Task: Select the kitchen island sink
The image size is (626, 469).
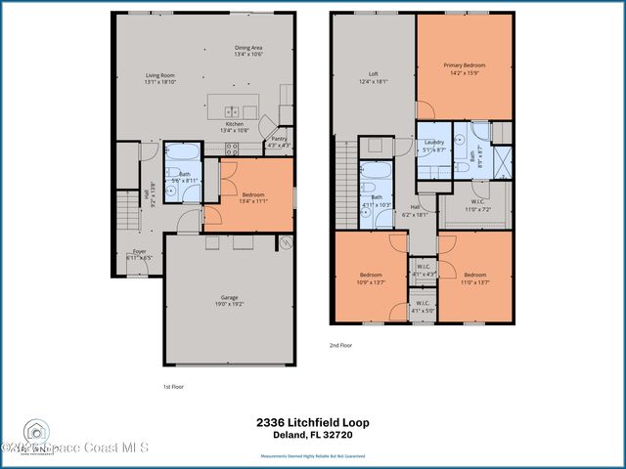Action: (x=232, y=110)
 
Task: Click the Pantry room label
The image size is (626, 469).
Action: (x=278, y=142)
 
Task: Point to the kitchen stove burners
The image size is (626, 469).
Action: (x=232, y=149)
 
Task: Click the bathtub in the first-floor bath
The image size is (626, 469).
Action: (x=181, y=152)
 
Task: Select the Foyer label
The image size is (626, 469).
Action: (x=140, y=255)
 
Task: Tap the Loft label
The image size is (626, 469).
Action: (x=373, y=76)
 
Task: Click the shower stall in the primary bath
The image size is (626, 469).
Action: (x=503, y=159)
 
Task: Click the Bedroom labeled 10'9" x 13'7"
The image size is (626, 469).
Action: (x=370, y=277)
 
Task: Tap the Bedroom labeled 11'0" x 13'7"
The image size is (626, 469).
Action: (x=474, y=277)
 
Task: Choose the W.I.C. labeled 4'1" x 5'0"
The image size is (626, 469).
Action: (x=424, y=307)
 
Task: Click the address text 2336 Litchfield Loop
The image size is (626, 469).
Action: (x=312, y=421)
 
